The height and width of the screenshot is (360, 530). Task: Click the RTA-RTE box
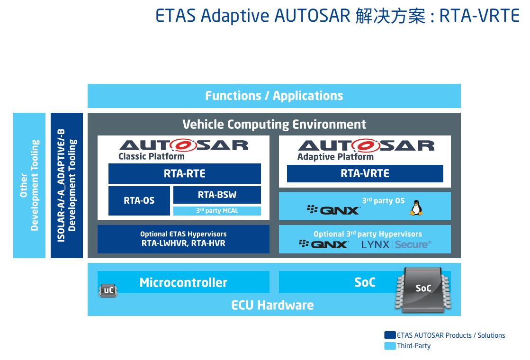(184, 173)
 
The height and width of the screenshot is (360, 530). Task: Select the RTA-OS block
(139, 200)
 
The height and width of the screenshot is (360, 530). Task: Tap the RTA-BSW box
(217, 195)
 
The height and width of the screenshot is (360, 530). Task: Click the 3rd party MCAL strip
(217, 211)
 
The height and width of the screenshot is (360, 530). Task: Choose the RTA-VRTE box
(365, 173)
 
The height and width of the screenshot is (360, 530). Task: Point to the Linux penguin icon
(416, 207)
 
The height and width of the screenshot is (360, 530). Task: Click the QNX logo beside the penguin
(333, 210)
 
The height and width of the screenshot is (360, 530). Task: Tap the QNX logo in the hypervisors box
(323, 244)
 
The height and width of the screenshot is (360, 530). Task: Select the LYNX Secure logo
(396, 244)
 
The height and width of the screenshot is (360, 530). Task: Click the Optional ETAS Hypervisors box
(183, 239)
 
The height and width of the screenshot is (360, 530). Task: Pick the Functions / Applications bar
(274, 96)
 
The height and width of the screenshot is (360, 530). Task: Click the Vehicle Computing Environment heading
(274, 125)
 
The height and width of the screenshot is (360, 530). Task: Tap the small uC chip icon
(108, 290)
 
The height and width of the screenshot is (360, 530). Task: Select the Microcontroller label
(183, 282)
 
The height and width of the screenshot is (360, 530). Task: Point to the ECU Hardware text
(272, 305)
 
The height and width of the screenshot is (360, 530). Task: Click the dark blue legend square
(390, 335)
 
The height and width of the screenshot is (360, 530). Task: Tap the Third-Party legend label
(413, 346)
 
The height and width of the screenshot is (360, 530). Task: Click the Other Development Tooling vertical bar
(29, 185)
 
